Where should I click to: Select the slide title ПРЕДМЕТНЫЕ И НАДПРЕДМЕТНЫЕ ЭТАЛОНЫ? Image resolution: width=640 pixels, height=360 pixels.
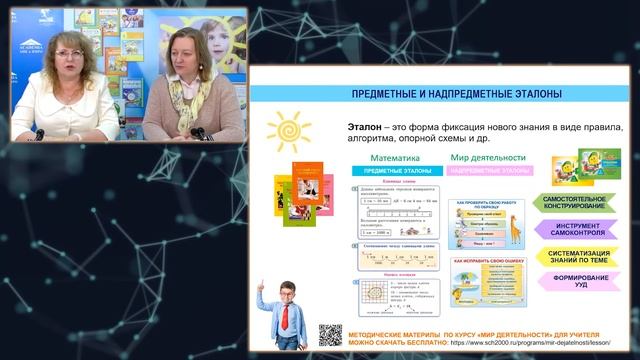click(443, 93)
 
